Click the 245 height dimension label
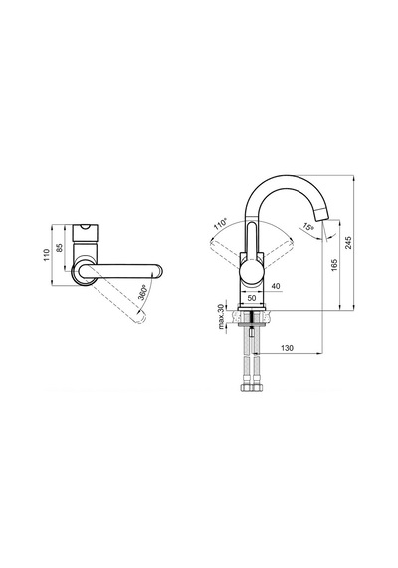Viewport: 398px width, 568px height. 348,243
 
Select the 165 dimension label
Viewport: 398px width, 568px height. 334,265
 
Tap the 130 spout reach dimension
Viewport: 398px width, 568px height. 287,348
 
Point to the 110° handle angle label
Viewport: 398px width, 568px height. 220,224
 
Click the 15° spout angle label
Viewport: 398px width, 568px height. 307,227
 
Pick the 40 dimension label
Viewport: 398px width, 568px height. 276,286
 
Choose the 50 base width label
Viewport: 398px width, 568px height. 252,297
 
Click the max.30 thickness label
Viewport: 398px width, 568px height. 220,316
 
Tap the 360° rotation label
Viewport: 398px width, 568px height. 142,292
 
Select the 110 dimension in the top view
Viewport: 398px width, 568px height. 46,256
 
